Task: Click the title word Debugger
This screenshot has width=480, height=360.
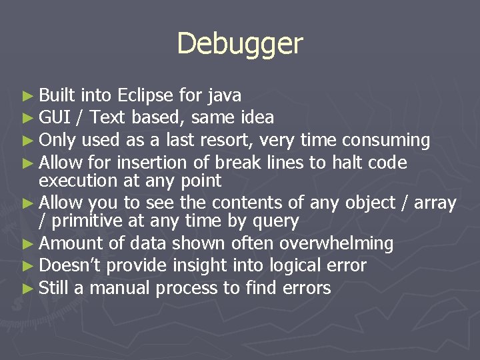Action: (240, 44)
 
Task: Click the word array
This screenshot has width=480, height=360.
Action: (435, 203)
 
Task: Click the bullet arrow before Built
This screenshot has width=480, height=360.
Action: (27, 96)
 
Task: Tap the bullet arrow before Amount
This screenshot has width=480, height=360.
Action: (27, 244)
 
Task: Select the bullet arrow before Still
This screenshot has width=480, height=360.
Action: (27, 288)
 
